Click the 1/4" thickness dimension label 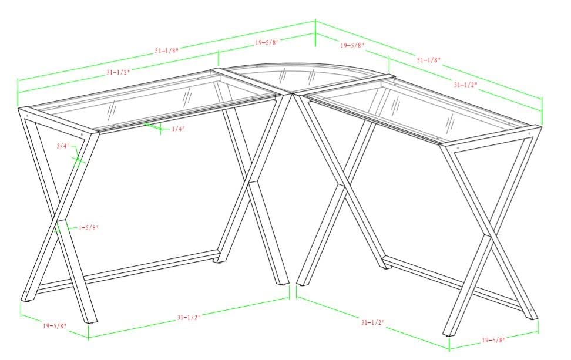[179, 129]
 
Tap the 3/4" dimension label [63, 146]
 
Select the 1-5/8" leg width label [89, 228]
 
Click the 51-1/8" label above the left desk [167, 51]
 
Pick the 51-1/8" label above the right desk [429, 60]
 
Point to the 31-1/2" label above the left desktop [118, 72]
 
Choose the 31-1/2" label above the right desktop [465, 85]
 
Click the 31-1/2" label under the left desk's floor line [189, 317]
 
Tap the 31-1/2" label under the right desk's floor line [373, 322]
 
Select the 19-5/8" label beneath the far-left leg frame [55, 325]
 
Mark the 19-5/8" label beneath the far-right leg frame [494, 341]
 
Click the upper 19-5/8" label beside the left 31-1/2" [267, 43]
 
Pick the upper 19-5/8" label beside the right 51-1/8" [352, 45]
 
